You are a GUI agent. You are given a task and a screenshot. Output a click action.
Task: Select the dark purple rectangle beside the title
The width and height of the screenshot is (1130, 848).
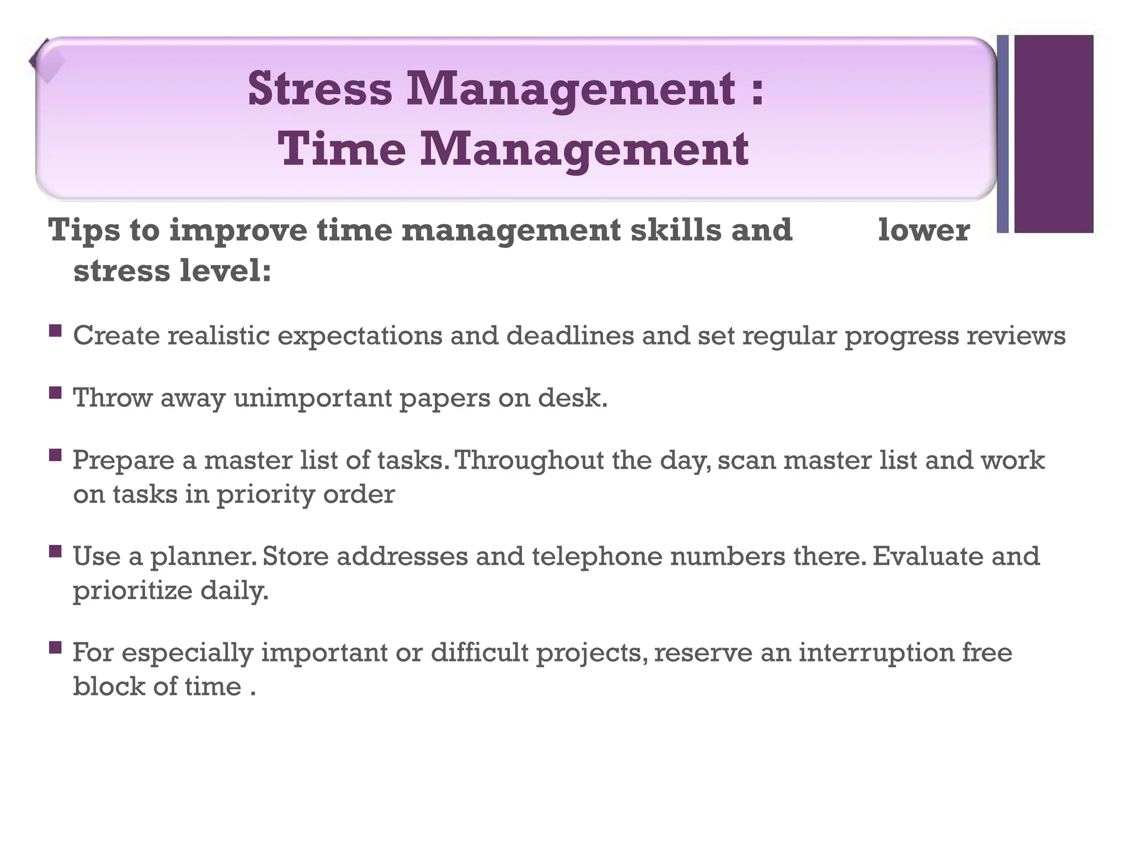(1053, 134)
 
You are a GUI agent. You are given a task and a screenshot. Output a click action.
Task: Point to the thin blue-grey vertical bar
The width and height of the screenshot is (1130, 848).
(1003, 134)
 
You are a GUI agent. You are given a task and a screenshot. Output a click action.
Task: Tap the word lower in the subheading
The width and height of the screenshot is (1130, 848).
(923, 230)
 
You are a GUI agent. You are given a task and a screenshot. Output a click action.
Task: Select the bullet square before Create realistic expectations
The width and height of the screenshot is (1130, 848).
(55, 331)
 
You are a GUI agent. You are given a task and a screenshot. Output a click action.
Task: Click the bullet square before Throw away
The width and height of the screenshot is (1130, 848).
(55, 393)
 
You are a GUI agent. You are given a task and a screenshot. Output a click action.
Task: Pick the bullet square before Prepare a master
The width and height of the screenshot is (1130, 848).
(55, 455)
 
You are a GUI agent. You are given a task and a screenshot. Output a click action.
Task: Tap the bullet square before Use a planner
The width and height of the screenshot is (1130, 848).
(55, 551)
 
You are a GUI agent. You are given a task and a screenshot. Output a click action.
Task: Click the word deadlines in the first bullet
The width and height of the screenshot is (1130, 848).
(570, 336)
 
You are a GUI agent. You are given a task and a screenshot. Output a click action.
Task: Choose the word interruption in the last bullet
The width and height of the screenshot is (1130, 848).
(876, 653)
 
